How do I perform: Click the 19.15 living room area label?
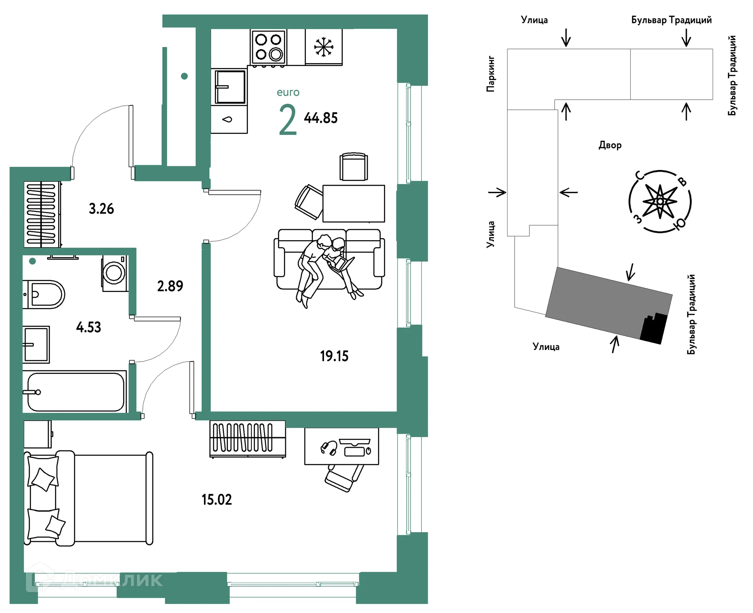click(334, 356)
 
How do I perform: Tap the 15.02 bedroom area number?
click(216, 500)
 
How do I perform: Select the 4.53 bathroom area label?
click(89, 327)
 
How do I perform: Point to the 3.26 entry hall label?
click(101, 209)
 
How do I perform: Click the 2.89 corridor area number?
click(170, 286)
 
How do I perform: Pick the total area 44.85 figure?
click(321, 118)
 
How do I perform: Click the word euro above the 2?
click(288, 93)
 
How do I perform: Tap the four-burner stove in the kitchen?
click(269, 47)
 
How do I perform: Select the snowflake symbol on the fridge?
click(324, 47)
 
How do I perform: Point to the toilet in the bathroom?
click(44, 294)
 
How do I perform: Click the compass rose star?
click(660, 202)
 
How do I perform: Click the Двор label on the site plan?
click(610, 145)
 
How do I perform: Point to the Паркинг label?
click(491, 74)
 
